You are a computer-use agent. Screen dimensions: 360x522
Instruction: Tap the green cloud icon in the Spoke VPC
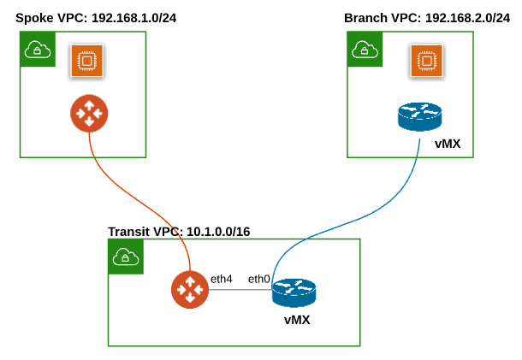coord(37,50)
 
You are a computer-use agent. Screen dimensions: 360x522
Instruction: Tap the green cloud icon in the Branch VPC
coord(365,50)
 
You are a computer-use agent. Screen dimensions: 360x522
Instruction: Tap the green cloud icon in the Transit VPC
coord(125,257)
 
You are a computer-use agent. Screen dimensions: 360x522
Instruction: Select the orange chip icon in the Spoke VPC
coord(86,61)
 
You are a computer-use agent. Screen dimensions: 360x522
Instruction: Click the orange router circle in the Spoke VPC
coord(89,114)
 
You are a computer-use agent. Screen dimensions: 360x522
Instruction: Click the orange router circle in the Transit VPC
coord(188,289)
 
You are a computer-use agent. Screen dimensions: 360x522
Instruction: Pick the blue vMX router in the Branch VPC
coord(419,117)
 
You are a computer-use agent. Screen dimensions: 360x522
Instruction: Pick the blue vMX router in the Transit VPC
coord(294,293)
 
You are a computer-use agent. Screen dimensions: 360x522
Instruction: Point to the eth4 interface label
coord(222,279)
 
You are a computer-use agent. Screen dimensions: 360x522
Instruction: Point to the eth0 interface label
coord(259,279)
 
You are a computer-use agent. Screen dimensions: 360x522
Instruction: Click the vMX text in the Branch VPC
coord(448,144)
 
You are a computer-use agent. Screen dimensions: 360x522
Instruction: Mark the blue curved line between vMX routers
coord(359,205)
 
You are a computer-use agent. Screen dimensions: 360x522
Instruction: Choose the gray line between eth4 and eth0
coord(240,290)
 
